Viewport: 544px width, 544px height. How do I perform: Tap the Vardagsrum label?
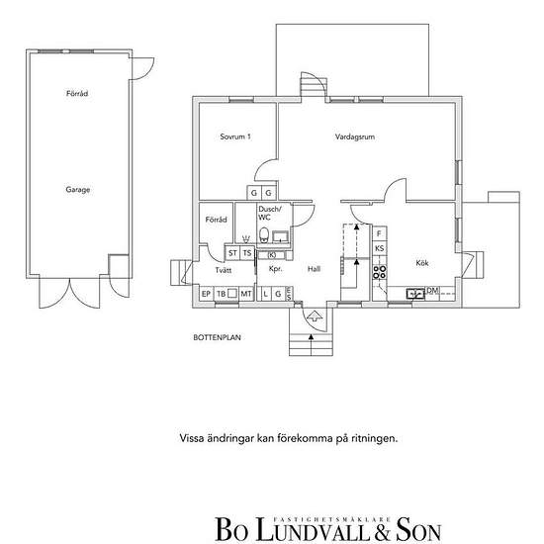353,137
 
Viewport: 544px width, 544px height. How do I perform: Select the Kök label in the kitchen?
422,262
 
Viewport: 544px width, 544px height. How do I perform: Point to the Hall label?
315,268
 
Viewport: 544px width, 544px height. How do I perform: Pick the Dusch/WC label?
270,213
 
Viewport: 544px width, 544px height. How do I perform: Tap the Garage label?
78,188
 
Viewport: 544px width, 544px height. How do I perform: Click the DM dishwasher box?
432,291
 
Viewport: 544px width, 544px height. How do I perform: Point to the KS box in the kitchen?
379,248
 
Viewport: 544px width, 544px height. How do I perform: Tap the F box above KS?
379,233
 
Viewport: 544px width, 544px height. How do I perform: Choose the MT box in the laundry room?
245,294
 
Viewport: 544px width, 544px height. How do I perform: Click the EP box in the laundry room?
207,294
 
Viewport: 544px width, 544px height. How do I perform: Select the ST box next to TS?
233,253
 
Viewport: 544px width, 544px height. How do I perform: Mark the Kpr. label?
276,268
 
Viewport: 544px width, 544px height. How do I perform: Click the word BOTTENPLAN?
218,336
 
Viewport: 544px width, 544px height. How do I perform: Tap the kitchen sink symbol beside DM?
414,292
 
